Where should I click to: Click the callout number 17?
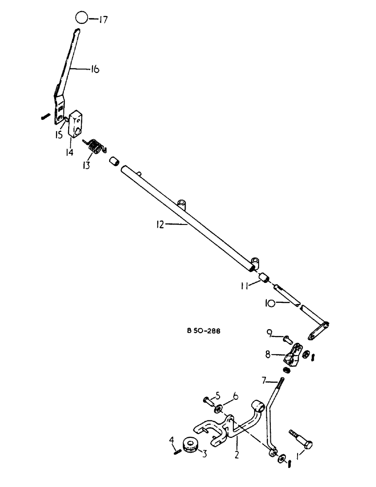(103, 20)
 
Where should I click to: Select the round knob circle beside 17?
(82, 19)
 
